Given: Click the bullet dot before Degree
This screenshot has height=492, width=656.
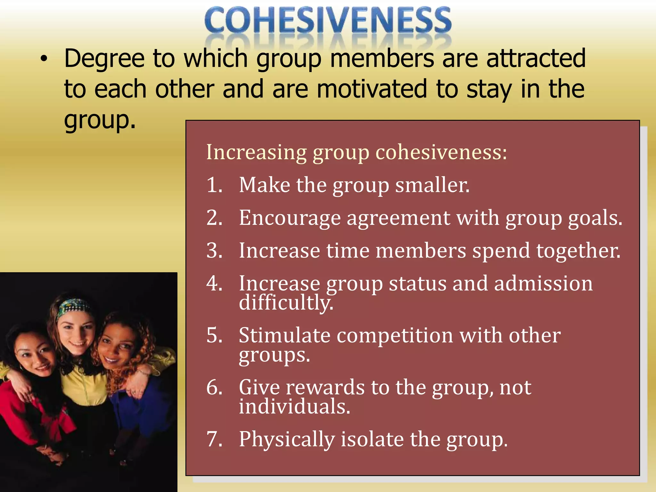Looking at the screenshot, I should click(44, 59).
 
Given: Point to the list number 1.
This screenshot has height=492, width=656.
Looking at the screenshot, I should click(214, 185).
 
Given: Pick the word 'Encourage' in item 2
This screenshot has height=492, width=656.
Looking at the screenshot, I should click(290, 218).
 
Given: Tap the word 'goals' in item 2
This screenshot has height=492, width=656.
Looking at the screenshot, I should click(594, 218).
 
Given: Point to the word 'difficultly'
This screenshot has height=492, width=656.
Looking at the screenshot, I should click(286, 302).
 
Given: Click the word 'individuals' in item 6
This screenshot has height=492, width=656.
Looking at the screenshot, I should click(294, 406).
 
